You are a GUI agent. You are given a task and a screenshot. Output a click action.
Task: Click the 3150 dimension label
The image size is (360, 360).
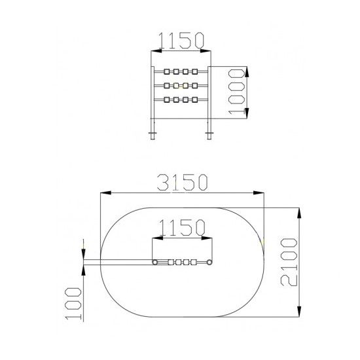pos(183,183)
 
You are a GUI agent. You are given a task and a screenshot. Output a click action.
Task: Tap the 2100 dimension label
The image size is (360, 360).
pos(289,262)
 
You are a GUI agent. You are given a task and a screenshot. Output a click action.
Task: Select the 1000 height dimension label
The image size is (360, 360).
pos(236,92)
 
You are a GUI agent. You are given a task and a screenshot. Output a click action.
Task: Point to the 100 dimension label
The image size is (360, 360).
pos(73,303)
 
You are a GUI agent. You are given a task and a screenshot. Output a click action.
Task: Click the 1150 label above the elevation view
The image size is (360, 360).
pos(181,41)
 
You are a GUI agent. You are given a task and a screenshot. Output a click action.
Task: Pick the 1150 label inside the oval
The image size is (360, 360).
pos(182,228)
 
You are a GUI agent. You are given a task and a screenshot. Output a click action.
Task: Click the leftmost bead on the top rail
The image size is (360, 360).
pos(167,71)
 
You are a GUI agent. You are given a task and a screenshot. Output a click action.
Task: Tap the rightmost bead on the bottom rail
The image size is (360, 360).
pos(194,99)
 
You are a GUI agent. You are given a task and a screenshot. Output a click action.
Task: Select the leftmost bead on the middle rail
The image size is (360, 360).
pos(167,86)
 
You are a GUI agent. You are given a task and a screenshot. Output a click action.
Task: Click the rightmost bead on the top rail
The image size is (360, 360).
pos(194,71)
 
